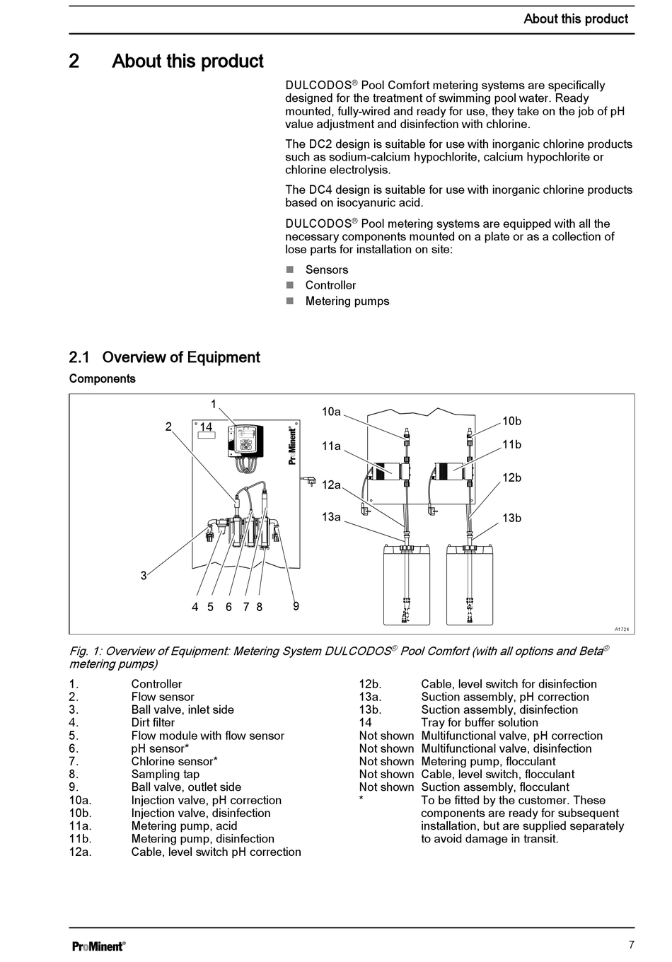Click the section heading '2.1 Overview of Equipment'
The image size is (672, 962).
pyautogui.click(x=164, y=357)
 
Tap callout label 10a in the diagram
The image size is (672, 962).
pyautogui.click(x=331, y=412)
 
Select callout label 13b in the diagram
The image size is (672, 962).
pyautogui.click(x=511, y=518)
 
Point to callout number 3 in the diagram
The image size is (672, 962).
pyautogui.click(x=144, y=576)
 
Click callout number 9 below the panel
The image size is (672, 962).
pyautogui.click(x=296, y=606)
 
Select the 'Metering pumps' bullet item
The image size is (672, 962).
pyautogui.click(x=347, y=301)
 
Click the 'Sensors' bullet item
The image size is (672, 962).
pyautogui.click(x=326, y=270)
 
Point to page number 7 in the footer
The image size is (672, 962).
pyautogui.click(x=631, y=944)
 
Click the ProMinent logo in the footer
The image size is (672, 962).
pyautogui.click(x=99, y=946)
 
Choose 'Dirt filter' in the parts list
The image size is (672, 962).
pyautogui.click(x=153, y=723)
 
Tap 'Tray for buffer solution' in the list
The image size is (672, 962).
pyautogui.click(x=479, y=723)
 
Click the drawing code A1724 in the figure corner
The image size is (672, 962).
pyautogui.click(x=621, y=629)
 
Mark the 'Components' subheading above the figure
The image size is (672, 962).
pyautogui.click(x=102, y=378)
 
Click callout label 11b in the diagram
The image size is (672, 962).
pyautogui.click(x=511, y=444)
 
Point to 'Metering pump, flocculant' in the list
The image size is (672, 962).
pyautogui.click(x=488, y=762)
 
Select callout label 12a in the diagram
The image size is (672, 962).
pyautogui.click(x=331, y=485)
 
